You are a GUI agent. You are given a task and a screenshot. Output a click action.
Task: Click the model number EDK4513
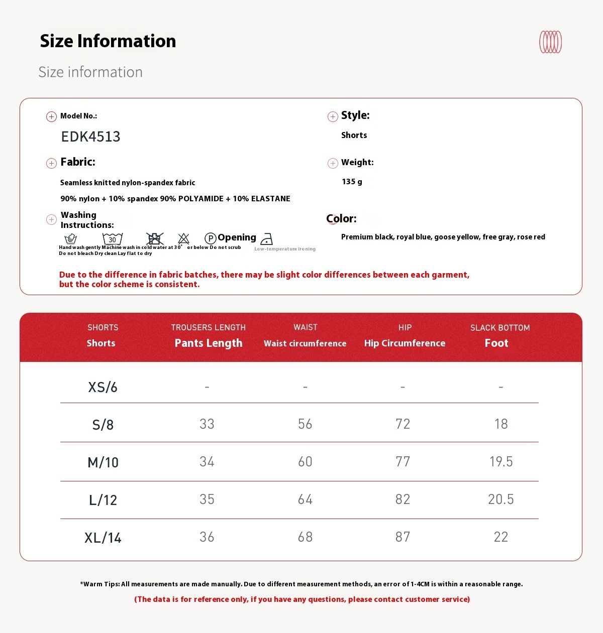pos(90,137)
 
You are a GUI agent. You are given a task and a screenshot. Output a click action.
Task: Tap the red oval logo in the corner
pos(550,42)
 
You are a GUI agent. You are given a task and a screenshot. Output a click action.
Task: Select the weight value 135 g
pos(352,182)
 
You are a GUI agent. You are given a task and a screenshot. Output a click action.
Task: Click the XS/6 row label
pos(103,387)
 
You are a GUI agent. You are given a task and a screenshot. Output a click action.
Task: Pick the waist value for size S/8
pos(305,424)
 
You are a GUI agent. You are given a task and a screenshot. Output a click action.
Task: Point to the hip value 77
pos(403,462)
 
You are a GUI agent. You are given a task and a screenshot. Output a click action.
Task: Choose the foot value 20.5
pos(500,499)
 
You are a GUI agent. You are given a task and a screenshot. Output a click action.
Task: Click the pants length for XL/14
pos(207,537)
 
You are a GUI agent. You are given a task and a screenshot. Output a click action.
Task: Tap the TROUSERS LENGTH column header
pos(208,327)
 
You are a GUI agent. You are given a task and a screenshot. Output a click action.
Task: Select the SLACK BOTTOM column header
pos(500,328)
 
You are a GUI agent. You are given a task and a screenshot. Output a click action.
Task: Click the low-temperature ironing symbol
pos(267,239)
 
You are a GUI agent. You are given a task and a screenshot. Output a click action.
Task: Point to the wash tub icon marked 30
pos(113,238)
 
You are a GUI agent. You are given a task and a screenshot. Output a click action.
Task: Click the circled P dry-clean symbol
pos(211,238)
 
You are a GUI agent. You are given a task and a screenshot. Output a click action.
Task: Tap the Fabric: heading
pos(78,162)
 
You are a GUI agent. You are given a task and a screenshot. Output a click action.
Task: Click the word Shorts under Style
pos(354,135)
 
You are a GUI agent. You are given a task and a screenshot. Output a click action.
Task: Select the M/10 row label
pos(103,462)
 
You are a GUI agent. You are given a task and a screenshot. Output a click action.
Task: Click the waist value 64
pos(305,499)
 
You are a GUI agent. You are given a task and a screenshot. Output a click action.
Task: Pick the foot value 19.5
pos(501,462)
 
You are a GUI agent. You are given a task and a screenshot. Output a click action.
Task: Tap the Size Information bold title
pos(108,41)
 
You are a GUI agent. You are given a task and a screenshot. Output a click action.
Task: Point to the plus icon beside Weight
pos(333,163)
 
